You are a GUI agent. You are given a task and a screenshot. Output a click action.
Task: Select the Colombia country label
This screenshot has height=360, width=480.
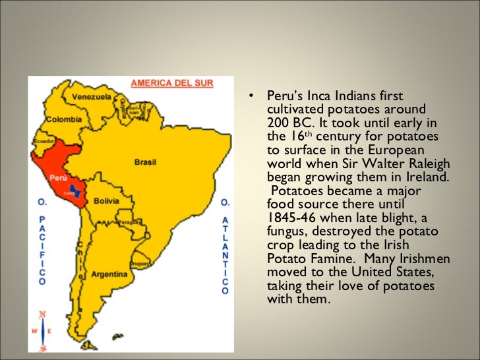point(64,119)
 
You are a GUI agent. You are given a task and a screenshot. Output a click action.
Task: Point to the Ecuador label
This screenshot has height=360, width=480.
point(44,140)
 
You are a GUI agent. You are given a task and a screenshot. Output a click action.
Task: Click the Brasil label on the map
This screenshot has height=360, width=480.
point(145,161)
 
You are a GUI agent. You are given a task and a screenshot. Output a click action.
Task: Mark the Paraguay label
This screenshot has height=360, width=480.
point(132,222)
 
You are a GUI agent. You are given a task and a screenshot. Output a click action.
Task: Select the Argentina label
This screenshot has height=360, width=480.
point(109,273)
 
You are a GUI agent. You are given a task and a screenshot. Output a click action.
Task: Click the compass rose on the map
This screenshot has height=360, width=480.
point(43,329)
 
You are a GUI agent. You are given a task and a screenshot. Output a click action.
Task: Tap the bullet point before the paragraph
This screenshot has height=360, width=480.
point(251,96)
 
